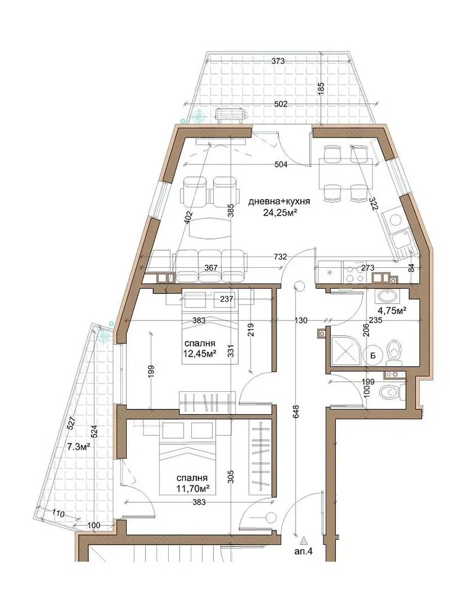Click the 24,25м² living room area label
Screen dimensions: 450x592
pos(279,213)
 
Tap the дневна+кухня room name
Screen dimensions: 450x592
pos(279,202)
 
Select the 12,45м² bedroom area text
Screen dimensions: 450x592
pos(200,354)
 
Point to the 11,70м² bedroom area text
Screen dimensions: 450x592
pos(193,489)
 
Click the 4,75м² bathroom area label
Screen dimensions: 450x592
pos(393,311)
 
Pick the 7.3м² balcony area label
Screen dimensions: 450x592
pos(79,447)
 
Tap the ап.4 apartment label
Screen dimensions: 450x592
pos(304,552)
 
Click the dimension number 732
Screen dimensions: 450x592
pos(280,257)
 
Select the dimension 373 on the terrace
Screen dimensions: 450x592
pos(278,61)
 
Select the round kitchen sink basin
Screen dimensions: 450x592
pos(394,219)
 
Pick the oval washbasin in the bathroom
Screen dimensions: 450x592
pos(385,296)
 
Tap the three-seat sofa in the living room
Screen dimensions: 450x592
pos(210,266)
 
